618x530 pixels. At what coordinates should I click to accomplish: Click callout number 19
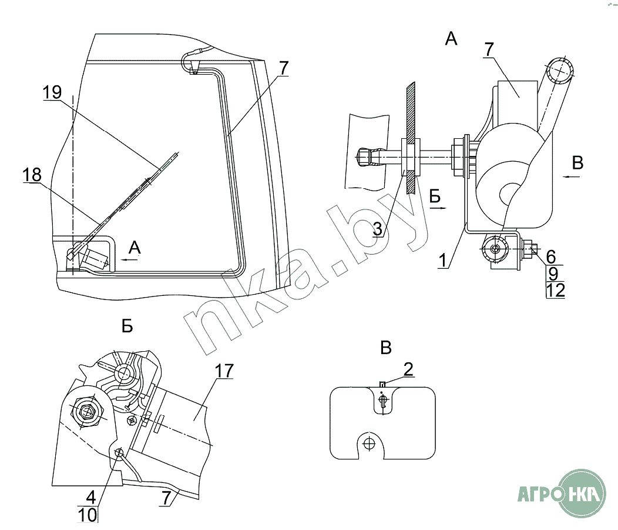pos(52,92)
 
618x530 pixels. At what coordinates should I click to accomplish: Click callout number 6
pos(550,256)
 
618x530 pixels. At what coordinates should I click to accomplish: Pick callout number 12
pos(555,289)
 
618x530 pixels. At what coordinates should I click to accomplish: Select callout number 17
pos(224,371)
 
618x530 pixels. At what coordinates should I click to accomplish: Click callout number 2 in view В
pos(408,369)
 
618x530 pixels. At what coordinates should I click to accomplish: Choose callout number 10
pos(88,515)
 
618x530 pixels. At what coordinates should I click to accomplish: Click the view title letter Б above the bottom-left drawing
pos(127,326)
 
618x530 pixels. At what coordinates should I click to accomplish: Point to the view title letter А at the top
pos(451,39)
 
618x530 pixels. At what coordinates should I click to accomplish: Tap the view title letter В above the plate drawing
pos(385,348)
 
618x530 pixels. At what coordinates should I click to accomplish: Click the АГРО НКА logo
pos(561,492)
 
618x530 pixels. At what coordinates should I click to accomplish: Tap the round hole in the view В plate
pos(369,442)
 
